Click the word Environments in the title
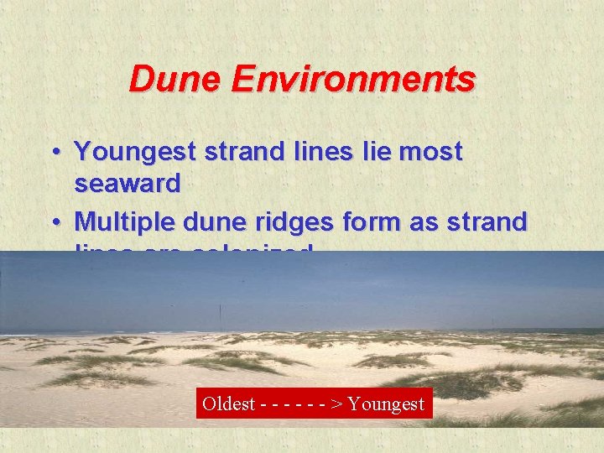pyautogui.click(x=353, y=80)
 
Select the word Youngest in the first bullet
pyautogui.click(x=133, y=152)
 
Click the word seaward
pyautogui.click(x=128, y=184)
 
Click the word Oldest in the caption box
pyautogui.click(x=228, y=404)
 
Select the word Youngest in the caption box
pyautogui.click(x=387, y=404)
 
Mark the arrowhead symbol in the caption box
pyautogui.click(x=336, y=404)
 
